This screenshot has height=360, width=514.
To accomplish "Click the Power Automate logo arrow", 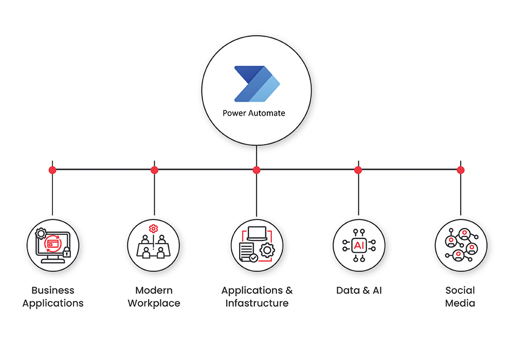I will pyautogui.click(x=256, y=84).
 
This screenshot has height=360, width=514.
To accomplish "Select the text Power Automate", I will pyautogui.click(x=253, y=113).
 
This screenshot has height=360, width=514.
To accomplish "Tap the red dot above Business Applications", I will pyautogui.click(x=52, y=170).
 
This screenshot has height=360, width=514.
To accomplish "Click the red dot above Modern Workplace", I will pyautogui.click(x=154, y=170).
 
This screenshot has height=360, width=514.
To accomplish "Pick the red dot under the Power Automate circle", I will pyautogui.click(x=256, y=170).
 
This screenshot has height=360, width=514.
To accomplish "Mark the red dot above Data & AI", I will pyautogui.click(x=358, y=170).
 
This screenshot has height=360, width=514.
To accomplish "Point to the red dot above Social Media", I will pyautogui.click(x=461, y=170).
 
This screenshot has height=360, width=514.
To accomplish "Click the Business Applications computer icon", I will pyautogui.click(x=52, y=245).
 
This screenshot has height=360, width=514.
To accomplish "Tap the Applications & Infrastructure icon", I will pyautogui.click(x=256, y=245).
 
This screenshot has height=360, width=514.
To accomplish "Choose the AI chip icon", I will pyautogui.click(x=359, y=245).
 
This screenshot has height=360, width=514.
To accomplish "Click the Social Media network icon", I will pyautogui.click(x=461, y=245).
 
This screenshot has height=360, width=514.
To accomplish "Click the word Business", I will pyautogui.click(x=52, y=291).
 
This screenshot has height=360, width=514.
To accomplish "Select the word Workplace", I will pyautogui.click(x=154, y=303).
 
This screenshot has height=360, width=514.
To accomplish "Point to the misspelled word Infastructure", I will pyautogui.click(x=257, y=303).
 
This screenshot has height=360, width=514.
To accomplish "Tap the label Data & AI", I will pyautogui.click(x=359, y=291).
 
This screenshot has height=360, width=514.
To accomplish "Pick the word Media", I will pyautogui.click(x=460, y=303).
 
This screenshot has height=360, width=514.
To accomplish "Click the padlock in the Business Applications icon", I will pyautogui.click(x=66, y=252).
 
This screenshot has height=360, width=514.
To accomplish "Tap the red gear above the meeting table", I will pyautogui.click(x=153, y=229).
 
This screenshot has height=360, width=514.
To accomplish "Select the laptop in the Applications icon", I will pyautogui.click(x=257, y=234).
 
